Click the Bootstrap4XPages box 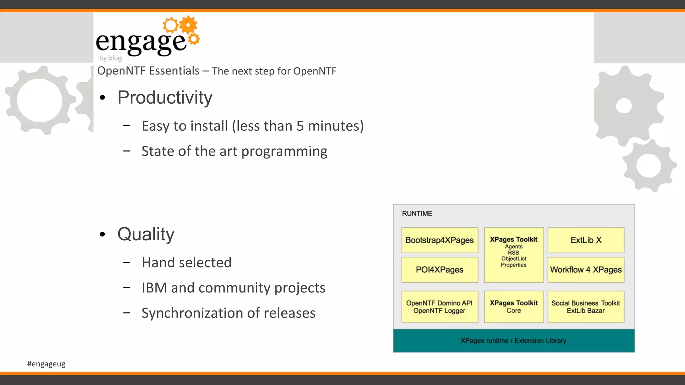439,240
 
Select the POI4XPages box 439,270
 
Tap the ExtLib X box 586,240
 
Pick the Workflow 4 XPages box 586,270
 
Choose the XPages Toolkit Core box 513,306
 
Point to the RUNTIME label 417,214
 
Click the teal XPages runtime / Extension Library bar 513,341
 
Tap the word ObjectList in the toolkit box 513,259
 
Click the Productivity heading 165,98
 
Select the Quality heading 146,234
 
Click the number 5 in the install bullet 300,126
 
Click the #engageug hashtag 46,364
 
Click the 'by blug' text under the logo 110,58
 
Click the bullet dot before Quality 102,234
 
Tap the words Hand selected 186,263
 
